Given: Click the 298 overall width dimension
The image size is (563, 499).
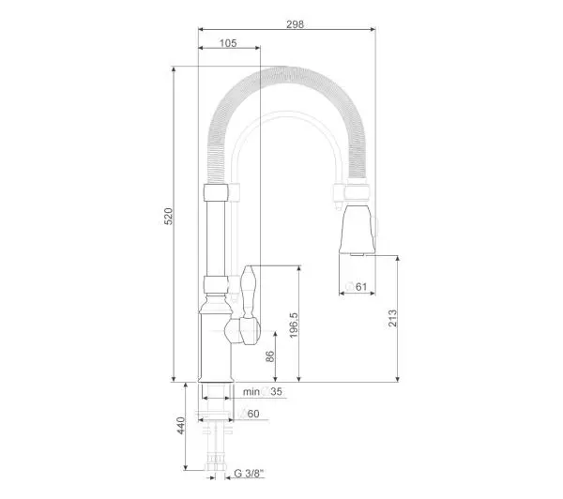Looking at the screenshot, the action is (295, 24).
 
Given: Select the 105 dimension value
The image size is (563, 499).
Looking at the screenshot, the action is (228, 43).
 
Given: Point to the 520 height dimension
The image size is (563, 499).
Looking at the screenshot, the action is (168, 216).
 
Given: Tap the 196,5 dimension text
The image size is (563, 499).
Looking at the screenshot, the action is (294, 325).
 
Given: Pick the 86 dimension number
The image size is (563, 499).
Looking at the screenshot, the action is (269, 356).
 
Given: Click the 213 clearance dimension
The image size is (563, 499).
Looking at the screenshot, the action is (393, 318).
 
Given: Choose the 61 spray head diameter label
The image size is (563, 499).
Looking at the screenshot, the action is (357, 286).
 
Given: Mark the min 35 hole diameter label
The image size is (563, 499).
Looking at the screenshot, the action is (263, 391).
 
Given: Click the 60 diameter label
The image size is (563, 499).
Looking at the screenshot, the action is (250, 414).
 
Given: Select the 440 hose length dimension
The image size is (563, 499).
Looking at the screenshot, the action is (181, 426).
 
